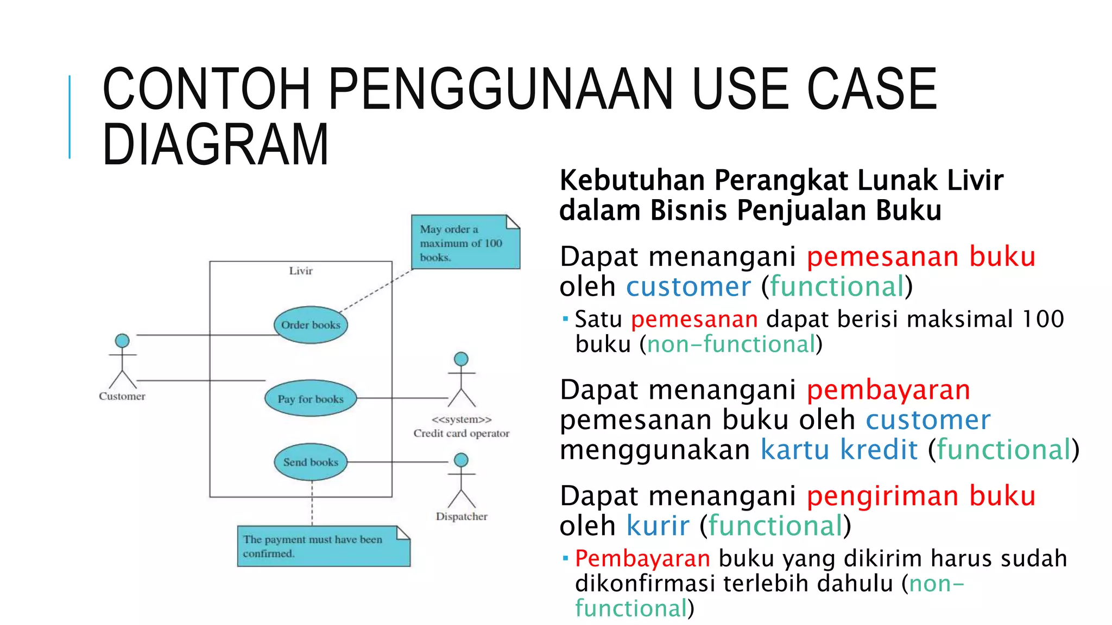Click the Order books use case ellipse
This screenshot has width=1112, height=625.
coord(311,325)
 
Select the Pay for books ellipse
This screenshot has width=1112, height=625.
coord(311,399)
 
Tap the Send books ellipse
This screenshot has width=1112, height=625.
coord(311,462)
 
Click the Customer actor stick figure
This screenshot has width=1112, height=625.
coord(122,361)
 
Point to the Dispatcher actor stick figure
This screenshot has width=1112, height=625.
coord(461,481)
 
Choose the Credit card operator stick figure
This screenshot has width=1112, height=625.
coord(461,380)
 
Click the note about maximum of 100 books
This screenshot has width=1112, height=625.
coord(465,243)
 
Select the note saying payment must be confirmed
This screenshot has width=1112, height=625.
coord(323,546)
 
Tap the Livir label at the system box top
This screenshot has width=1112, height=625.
coord(301,271)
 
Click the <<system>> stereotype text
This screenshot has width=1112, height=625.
coord(462,419)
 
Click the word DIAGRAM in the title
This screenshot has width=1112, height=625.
coord(216,144)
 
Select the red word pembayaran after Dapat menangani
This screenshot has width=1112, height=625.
coord(888,390)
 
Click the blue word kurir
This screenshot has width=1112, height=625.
coord(658,526)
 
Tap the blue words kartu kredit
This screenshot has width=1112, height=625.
coord(839,450)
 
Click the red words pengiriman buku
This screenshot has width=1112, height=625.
coord(921,496)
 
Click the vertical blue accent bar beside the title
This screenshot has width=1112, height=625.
coord(69,117)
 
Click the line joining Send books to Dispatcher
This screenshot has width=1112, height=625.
coord(397,462)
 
